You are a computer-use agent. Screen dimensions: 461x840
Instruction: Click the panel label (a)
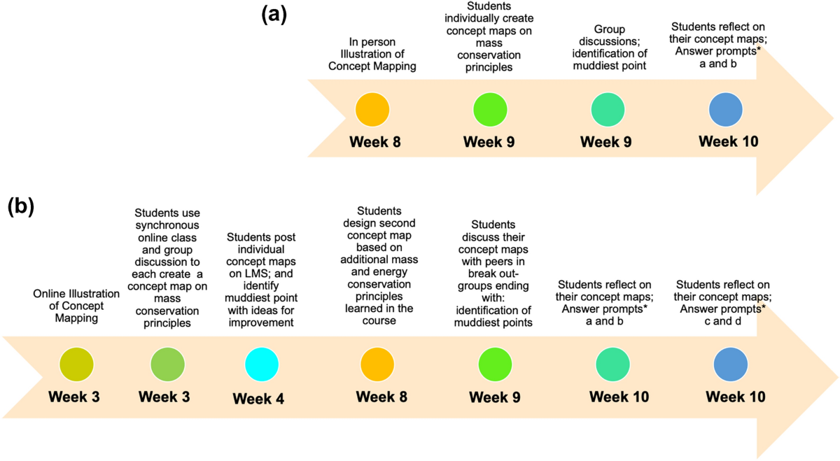pyautogui.click(x=274, y=13)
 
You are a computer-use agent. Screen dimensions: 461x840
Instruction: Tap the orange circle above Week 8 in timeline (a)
pyautogui.click(x=372, y=110)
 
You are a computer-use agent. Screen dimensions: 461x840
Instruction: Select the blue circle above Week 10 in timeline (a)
pyautogui.click(x=726, y=110)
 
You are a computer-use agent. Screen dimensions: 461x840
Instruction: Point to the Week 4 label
pyautogui.click(x=258, y=399)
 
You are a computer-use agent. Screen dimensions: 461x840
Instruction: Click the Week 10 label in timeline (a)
pyautogui.click(x=728, y=141)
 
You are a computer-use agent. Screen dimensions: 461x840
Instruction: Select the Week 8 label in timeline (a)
pyautogui.click(x=376, y=142)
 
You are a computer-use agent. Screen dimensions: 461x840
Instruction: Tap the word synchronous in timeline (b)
pyautogui.click(x=167, y=225)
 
